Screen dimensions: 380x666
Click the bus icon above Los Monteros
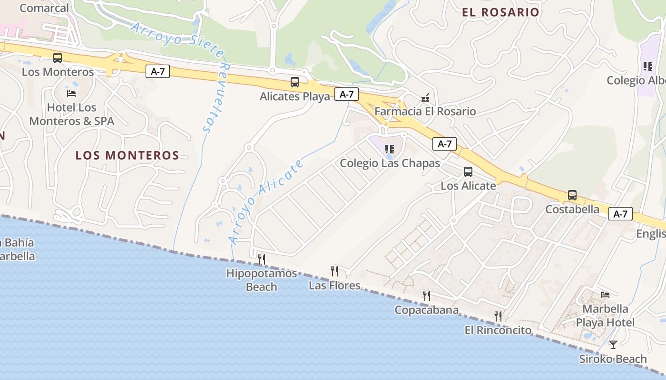click(x=58, y=58)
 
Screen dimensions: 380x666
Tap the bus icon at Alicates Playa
click(x=295, y=82)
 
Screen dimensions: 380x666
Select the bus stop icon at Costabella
click(x=572, y=195)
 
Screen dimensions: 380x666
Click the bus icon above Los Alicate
click(x=468, y=172)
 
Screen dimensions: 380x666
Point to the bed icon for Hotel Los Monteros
click(x=71, y=93)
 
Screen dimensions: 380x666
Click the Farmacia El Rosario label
click(x=425, y=112)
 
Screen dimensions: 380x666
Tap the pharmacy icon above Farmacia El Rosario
click(x=425, y=98)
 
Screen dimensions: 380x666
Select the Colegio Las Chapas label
click(x=390, y=163)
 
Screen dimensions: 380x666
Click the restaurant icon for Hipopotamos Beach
click(x=261, y=259)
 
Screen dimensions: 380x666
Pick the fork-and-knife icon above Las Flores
click(x=334, y=271)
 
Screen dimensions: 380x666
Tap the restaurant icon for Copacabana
click(x=426, y=296)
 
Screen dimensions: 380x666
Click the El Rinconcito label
click(x=498, y=330)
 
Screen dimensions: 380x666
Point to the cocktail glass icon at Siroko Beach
click(x=613, y=345)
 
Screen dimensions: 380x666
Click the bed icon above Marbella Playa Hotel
click(x=605, y=295)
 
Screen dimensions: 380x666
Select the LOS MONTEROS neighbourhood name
click(x=127, y=155)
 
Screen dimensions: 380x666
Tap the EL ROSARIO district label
click(x=500, y=12)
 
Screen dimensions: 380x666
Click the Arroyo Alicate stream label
click(x=266, y=202)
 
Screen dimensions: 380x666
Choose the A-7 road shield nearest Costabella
click(x=620, y=214)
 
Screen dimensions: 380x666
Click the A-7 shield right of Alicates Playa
click(x=346, y=94)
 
